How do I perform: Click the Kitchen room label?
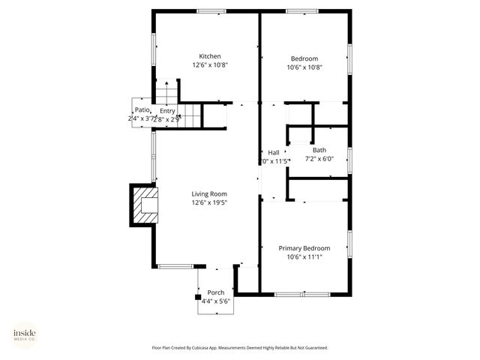(209, 56)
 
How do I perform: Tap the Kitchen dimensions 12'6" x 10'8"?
(209, 65)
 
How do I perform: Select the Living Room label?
(209, 193)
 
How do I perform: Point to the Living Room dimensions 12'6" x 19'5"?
(209, 202)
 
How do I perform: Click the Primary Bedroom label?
(304, 248)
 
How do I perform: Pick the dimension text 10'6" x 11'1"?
(304, 257)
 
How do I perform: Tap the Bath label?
(319, 150)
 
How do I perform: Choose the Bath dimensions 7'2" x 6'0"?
(319, 159)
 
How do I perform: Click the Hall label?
(274, 153)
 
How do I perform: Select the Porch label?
(215, 292)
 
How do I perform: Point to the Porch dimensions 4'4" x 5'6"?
(215, 301)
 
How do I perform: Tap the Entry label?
(167, 111)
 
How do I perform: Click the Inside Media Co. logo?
(25, 335)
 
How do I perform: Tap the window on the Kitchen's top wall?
(211, 10)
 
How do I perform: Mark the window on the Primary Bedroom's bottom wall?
(293, 294)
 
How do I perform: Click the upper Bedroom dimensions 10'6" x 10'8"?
(304, 67)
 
